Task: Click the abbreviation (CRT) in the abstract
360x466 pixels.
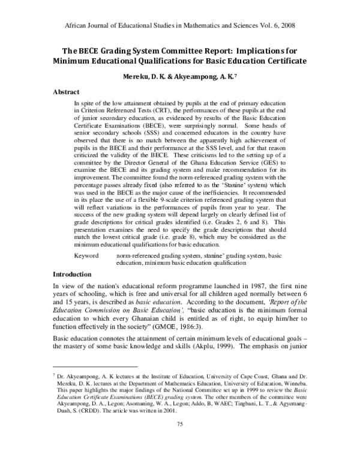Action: [x=176, y=111]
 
